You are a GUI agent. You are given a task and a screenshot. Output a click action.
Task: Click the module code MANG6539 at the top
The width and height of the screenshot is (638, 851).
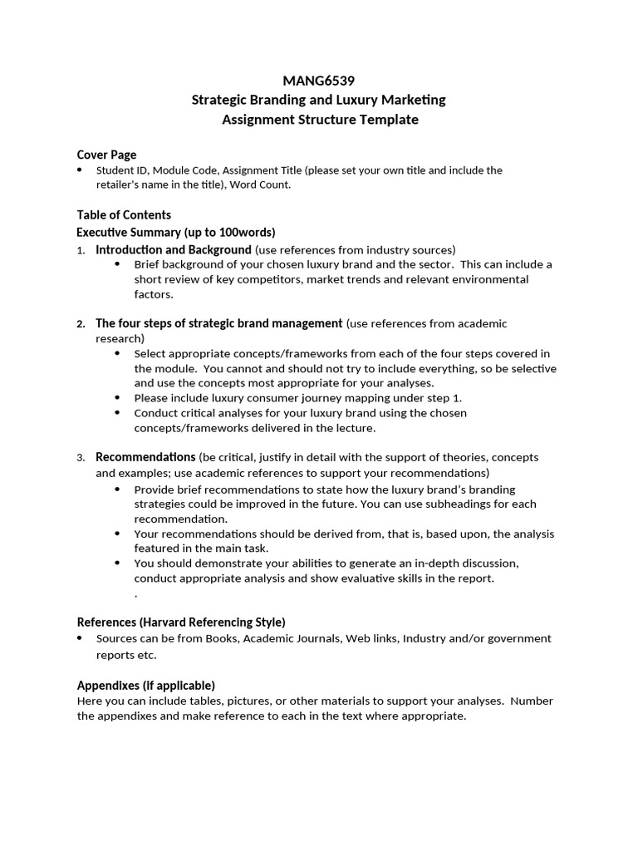point(319,81)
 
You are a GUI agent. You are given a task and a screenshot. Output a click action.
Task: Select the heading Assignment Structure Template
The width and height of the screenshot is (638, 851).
point(319,120)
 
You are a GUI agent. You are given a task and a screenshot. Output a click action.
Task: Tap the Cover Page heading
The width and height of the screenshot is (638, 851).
point(106,155)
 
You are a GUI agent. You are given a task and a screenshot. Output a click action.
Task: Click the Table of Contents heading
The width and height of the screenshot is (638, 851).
point(124,214)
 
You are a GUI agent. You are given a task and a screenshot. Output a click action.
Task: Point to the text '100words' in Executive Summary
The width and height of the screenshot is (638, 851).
point(245,232)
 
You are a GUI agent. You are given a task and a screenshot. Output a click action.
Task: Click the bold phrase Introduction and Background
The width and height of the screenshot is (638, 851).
point(173,249)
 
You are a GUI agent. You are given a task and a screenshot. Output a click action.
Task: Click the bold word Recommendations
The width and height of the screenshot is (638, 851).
point(145,457)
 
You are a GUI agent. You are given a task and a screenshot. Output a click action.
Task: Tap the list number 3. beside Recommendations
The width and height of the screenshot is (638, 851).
point(81,458)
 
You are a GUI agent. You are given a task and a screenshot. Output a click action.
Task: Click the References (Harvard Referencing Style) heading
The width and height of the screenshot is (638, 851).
point(181,622)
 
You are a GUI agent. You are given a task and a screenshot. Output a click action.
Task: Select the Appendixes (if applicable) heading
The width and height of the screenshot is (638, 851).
point(145,685)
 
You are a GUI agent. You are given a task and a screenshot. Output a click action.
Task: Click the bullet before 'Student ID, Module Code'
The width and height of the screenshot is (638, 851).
point(80,170)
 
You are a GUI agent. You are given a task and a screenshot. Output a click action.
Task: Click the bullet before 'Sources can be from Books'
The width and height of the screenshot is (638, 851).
point(80,638)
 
